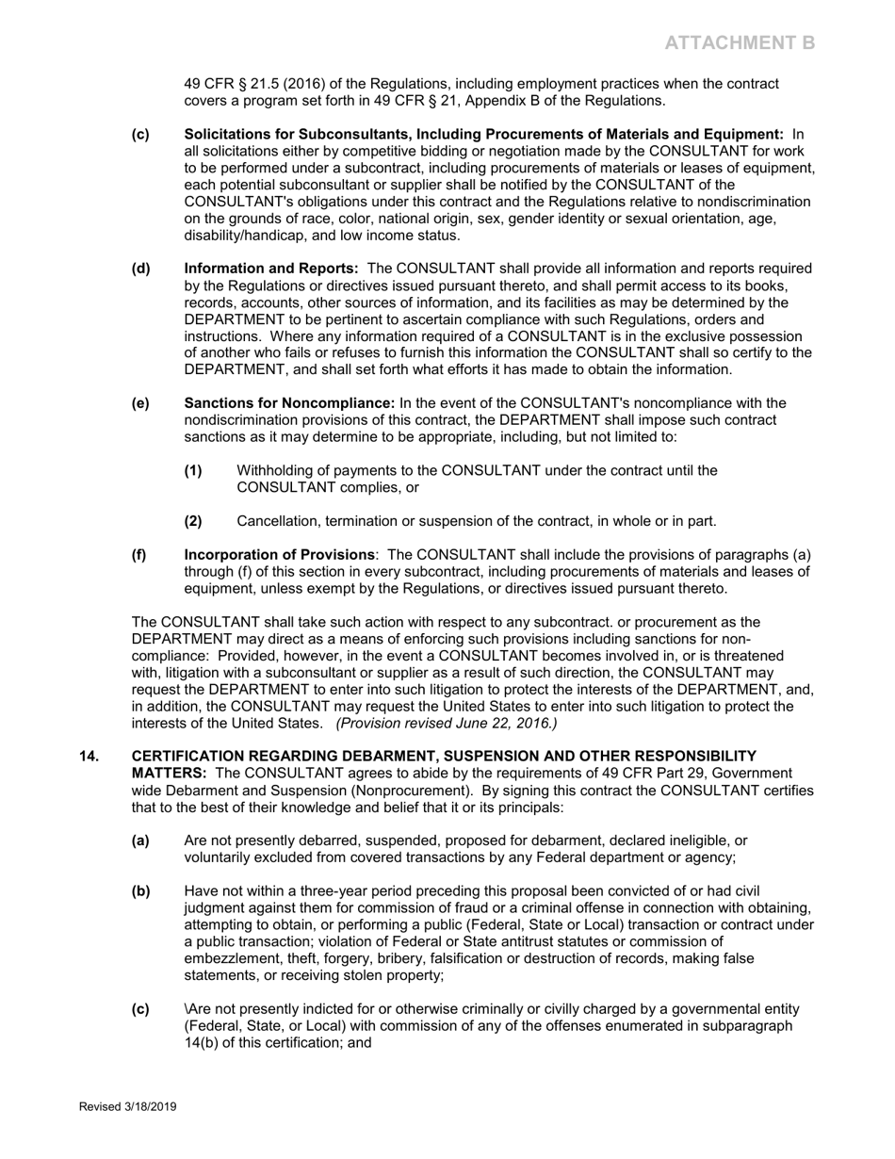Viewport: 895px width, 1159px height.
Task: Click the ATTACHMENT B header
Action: tap(740, 42)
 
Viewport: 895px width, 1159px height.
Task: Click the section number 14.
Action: tap(89, 756)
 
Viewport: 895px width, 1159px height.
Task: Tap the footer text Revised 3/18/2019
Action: tap(127, 1107)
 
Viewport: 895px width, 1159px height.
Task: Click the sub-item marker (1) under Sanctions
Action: tap(193, 470)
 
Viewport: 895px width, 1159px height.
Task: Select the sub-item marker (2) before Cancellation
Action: tap(193, 521)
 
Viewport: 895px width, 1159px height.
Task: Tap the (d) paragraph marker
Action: tap(140, 269)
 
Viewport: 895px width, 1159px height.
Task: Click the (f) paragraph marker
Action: tap(139, 555)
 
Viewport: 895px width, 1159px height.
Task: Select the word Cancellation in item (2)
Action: tap(279, 521)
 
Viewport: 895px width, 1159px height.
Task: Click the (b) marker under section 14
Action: tap(140, 890)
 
